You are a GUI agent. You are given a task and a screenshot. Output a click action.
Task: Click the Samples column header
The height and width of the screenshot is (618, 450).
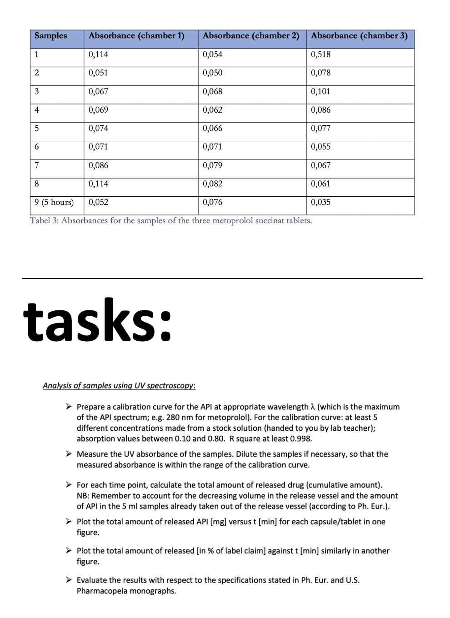click(x=50, y=36)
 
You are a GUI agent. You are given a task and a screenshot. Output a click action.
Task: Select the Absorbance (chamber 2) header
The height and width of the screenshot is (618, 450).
click(x=251, y=36)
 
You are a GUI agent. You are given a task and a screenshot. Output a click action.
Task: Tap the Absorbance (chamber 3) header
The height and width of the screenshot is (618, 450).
click(x=359, y=36)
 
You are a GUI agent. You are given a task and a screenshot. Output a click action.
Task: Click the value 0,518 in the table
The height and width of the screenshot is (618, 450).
click(x=320, y=55)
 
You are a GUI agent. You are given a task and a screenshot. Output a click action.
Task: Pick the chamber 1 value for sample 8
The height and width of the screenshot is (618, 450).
click(x=98, y=184)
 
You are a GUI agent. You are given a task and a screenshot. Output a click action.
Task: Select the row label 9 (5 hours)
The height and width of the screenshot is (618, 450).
click(x=54, y=202)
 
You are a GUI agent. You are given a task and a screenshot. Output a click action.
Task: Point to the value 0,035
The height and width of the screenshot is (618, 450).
click(x=320, y=202)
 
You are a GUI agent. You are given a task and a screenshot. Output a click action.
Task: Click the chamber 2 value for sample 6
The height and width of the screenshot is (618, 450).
click(x=212, y=147)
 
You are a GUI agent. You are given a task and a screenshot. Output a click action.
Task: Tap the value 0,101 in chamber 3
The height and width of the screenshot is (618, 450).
click(x=320, y=91)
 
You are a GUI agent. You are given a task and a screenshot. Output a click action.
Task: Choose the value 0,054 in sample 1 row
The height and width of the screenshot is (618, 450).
click(x=212, y=55)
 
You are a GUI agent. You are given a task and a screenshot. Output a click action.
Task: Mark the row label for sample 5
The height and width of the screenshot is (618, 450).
click(x=37, y=129)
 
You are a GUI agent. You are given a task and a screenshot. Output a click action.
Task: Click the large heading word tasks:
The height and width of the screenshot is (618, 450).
click(x=98, y=320)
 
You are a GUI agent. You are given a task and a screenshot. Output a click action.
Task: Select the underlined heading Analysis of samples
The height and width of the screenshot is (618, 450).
click(x=119, y=386)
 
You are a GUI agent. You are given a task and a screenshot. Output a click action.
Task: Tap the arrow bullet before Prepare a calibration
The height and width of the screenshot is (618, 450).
click(x=68, y=407)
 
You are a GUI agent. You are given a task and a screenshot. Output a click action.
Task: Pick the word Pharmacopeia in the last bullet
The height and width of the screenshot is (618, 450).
click(x=100, y=591)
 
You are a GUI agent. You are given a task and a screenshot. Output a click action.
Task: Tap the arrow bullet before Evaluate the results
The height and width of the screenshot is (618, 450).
click(x=68, y=580)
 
